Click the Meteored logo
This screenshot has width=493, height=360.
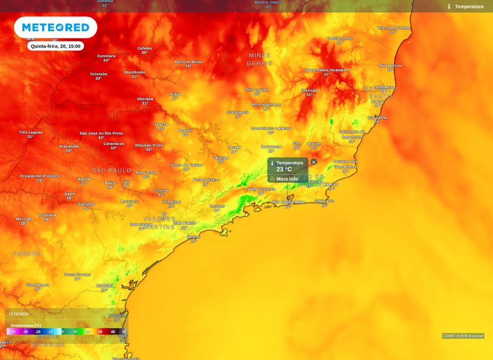[x=55, y=28]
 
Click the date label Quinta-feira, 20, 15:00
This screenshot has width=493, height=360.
[x=55, y=46]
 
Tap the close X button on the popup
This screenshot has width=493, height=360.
[x=314, y=162]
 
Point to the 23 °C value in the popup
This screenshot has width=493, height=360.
[x=284, y=169]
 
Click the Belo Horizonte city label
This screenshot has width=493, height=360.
[x=266, y=104]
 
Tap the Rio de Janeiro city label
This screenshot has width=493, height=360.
[x=288, y=202]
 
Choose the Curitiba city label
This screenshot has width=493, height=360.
[x=105, y=285]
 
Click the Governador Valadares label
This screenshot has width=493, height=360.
[x=326, y=70]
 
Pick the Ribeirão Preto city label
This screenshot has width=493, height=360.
[x=149, y=145]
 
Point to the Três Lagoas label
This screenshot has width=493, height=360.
[x=31, y=132]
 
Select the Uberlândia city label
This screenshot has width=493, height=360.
[x=135, y=72]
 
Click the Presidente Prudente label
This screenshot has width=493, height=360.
[x=40, y=176]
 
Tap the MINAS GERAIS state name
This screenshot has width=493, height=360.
[x=259, y=59]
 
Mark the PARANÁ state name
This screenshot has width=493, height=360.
[x=27, y=254]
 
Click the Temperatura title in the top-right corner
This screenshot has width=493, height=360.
[x=469, y=7]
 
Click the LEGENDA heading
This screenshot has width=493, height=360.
[x=19, y=314]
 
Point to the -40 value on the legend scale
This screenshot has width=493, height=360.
[x=13, y=332]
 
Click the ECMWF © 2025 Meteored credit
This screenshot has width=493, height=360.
[x=463, y=336]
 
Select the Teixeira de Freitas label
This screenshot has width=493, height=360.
[x=394, y=28]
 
